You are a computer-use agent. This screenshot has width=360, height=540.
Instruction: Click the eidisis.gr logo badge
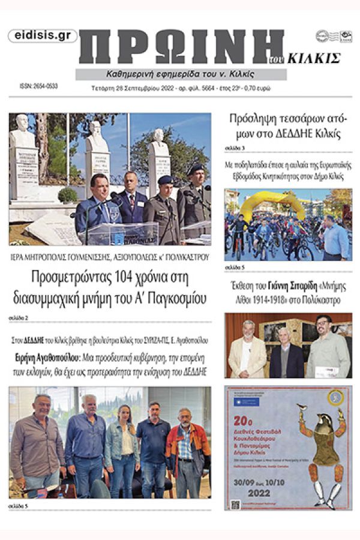(x=43, y=36)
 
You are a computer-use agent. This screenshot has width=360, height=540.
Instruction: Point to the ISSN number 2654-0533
(x=38, y=86)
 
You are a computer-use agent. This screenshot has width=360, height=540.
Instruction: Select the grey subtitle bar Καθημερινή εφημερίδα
(x=181, y=74)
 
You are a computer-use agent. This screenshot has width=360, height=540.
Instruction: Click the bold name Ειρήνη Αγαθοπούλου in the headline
(x=50, y=358)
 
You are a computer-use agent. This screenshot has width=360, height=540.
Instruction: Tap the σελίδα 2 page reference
(x=18, y=316)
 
